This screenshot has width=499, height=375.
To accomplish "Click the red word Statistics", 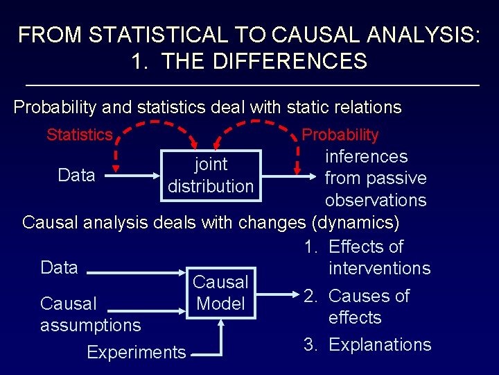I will [79, 135].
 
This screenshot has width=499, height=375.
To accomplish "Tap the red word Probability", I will [340, 135].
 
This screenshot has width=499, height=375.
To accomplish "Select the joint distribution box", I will [211, 175].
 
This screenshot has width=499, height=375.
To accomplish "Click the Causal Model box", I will [220, 292].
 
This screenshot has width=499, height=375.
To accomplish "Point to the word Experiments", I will [137, 352].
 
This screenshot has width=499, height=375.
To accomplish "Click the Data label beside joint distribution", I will [76, 175].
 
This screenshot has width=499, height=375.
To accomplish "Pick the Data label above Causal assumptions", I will [60, 267].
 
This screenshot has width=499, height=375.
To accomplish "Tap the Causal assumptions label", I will [90, 314].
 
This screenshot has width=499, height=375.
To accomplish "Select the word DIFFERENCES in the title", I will [290, 61].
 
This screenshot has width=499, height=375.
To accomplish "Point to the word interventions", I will [379, 268].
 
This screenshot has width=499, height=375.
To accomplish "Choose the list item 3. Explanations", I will [367, 344].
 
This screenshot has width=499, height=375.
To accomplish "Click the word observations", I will [376, 200].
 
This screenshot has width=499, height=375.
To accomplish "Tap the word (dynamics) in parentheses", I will [356, 223].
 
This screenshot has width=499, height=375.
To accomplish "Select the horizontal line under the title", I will [251, 85].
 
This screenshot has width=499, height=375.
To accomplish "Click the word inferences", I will [366, 156].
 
